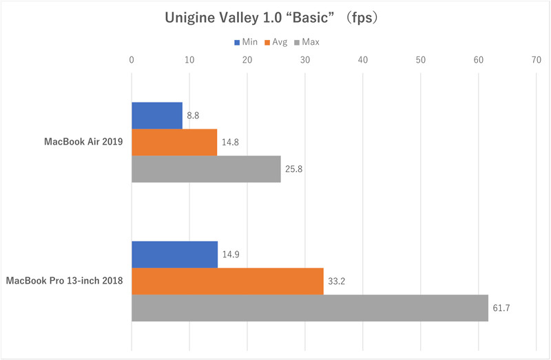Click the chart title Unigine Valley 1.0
coord(274,18)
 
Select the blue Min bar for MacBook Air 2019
coord(157,115)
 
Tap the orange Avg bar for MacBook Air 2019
coord(174,142)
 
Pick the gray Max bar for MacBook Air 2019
coord(206,169)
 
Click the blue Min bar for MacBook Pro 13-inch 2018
coord(174,254)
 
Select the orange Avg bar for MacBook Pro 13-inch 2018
coord(227,281)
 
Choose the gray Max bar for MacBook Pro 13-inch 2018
coord(310,308)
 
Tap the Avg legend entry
coord(275,42)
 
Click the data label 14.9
coord(230,254)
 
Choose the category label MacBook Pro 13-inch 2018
coord(65,281)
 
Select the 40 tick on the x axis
coord(363,60)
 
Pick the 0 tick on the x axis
coord(132,60)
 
